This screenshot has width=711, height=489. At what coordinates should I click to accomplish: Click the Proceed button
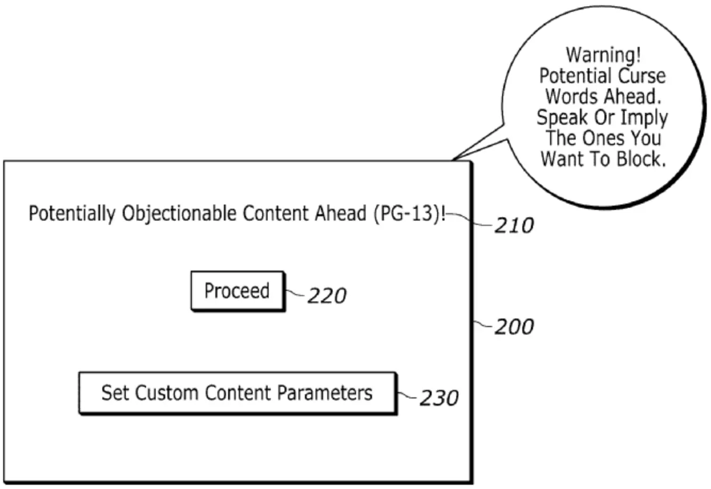tap(238, 291)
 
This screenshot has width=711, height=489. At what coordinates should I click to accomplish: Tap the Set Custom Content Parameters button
tap(237, 393)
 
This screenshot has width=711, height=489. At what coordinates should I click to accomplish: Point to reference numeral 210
tap(513, 226)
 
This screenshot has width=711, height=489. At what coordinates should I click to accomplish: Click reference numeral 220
tap(326, 295)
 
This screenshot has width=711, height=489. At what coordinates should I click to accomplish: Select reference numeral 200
tap(513, 327)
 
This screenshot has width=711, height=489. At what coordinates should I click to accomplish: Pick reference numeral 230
tap(438, 397)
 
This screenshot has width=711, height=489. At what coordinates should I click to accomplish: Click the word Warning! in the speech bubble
tap(604, 54)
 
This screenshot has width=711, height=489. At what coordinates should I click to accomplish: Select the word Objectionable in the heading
tap(179, 214)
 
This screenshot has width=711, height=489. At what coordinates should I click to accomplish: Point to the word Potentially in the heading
tap(71, 214)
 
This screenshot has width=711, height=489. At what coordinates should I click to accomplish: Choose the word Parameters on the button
tap(325, 393)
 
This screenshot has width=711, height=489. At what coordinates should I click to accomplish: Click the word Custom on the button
tap(167, 393)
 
